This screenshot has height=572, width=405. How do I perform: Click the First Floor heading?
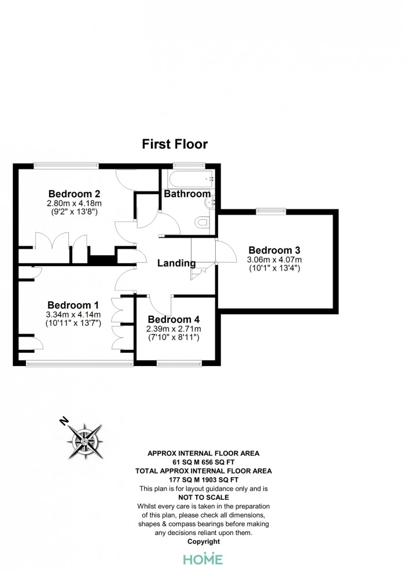pyautogui.click(x=175, y=144)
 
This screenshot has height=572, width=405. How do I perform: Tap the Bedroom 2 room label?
pyautogui.click(x=74, y=194)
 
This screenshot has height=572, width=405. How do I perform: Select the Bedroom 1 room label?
pyautogui.click(x=73, y=305)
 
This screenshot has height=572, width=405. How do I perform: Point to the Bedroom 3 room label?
pyautogui.click(x=274, y=250)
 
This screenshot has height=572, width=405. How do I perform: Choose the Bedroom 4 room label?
pyautogui.click(x=174, y=320)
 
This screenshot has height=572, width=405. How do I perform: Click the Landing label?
pyautogui.click(x=176, y=263)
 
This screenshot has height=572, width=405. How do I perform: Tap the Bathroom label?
pyautogui.click(x=187, y=194)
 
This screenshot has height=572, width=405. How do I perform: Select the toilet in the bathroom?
pyautogui.click(x=202, y=222)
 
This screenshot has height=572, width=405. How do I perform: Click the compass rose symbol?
pyautogui.click(x=85, y=442)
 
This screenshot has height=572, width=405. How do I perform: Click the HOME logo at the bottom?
pyautogui.click(x=203, y=559)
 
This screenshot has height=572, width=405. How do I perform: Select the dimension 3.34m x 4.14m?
pyautogui.click(x=73, y=315)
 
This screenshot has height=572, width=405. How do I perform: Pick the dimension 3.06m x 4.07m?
pyautogui.click(x=274, y=260)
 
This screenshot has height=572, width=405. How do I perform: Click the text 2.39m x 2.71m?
pyautogui.click(x=174, y=329)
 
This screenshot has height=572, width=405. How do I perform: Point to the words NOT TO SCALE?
pyautogui.click(x=204, y=497)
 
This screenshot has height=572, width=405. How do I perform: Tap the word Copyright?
pyautogui.click(x=204, y=542)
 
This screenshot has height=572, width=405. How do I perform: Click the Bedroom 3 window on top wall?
pyautogui.click(x=271, y=211)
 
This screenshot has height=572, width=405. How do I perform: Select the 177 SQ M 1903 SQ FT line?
pyautogui.click(x=204, y=479)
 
